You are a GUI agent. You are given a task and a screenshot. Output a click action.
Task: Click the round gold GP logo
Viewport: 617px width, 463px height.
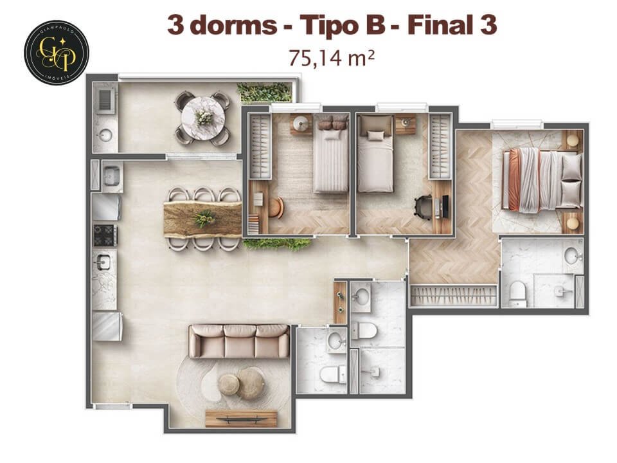(x=57, y=52)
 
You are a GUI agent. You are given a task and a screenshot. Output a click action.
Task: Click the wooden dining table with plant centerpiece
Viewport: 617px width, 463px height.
(x=202, y=219)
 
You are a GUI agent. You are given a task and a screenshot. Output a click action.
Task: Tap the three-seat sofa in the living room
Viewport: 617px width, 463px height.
(x=238, y=341)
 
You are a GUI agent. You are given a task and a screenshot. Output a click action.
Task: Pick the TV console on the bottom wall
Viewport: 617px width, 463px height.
(x=241, y=419)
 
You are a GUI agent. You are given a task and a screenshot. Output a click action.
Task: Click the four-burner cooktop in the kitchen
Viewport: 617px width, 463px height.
(x=105, y=235)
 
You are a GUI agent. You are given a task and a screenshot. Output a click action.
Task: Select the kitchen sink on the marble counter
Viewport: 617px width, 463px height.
(x=103, y=262)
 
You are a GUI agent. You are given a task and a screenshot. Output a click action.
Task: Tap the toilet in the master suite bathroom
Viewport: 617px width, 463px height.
(x=517, y=294)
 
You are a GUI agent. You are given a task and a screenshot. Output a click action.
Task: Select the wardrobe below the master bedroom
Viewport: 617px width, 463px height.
(x=454, y=295)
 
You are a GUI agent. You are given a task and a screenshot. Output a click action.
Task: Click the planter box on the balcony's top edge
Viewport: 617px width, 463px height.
(x=264, y=91)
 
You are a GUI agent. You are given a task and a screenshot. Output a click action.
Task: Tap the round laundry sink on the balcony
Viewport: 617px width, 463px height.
(x=105, y=134)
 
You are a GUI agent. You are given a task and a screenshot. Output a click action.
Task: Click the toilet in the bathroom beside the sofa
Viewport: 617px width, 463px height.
(x=332, y=372)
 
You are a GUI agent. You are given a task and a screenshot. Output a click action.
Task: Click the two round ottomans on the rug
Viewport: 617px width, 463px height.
(x=241, y=384)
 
